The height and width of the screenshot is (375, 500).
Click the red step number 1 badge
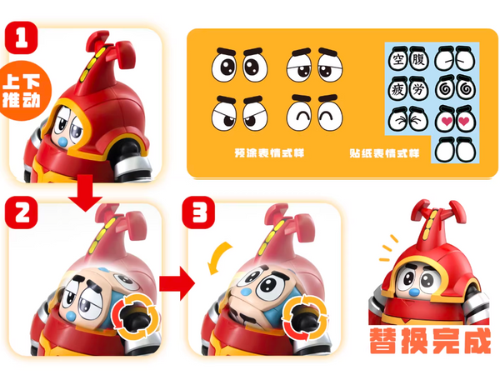[x=22, y=37]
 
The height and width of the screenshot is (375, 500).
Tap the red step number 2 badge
[x=22, y=212]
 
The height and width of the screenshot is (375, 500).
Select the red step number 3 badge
[x=198, y=212]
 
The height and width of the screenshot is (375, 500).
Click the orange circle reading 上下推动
[x=24, y=91]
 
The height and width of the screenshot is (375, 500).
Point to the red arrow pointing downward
[x=85, y=193]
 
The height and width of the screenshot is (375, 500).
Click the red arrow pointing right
[x=177, y=283]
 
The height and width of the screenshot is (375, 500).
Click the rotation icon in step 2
[x=135, y=317]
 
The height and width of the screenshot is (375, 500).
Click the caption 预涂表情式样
[x=269, y=153]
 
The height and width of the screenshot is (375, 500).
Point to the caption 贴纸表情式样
[x=384, y=153]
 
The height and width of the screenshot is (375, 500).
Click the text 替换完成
[x=430, y=341]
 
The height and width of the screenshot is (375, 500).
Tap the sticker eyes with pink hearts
[x=455, y=119]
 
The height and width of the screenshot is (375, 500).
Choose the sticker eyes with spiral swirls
[x=455, y=88]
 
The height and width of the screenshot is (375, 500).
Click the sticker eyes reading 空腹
[x=408, y=59]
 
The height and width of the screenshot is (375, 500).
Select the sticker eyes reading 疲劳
[x=408, y=88]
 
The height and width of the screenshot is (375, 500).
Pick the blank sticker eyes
[x=455, y=149]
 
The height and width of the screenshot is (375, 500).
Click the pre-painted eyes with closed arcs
[x=315, y=112]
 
